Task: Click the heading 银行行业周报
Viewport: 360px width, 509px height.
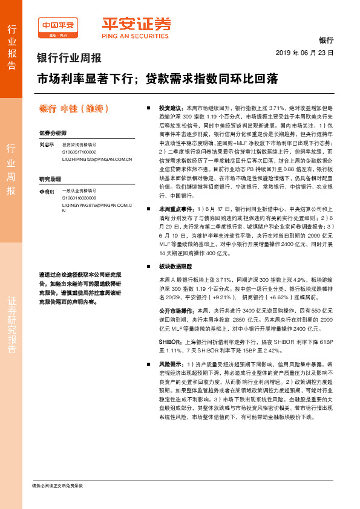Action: pos(70,59)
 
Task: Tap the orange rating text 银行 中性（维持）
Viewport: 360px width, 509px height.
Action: pos(74,109)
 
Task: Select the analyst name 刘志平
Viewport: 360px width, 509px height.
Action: pos(47,146)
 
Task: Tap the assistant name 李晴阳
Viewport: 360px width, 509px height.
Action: pos(47,192)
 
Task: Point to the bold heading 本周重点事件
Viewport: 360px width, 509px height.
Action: pos(174,208)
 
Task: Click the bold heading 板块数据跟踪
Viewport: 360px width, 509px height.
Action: pos(174,266)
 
